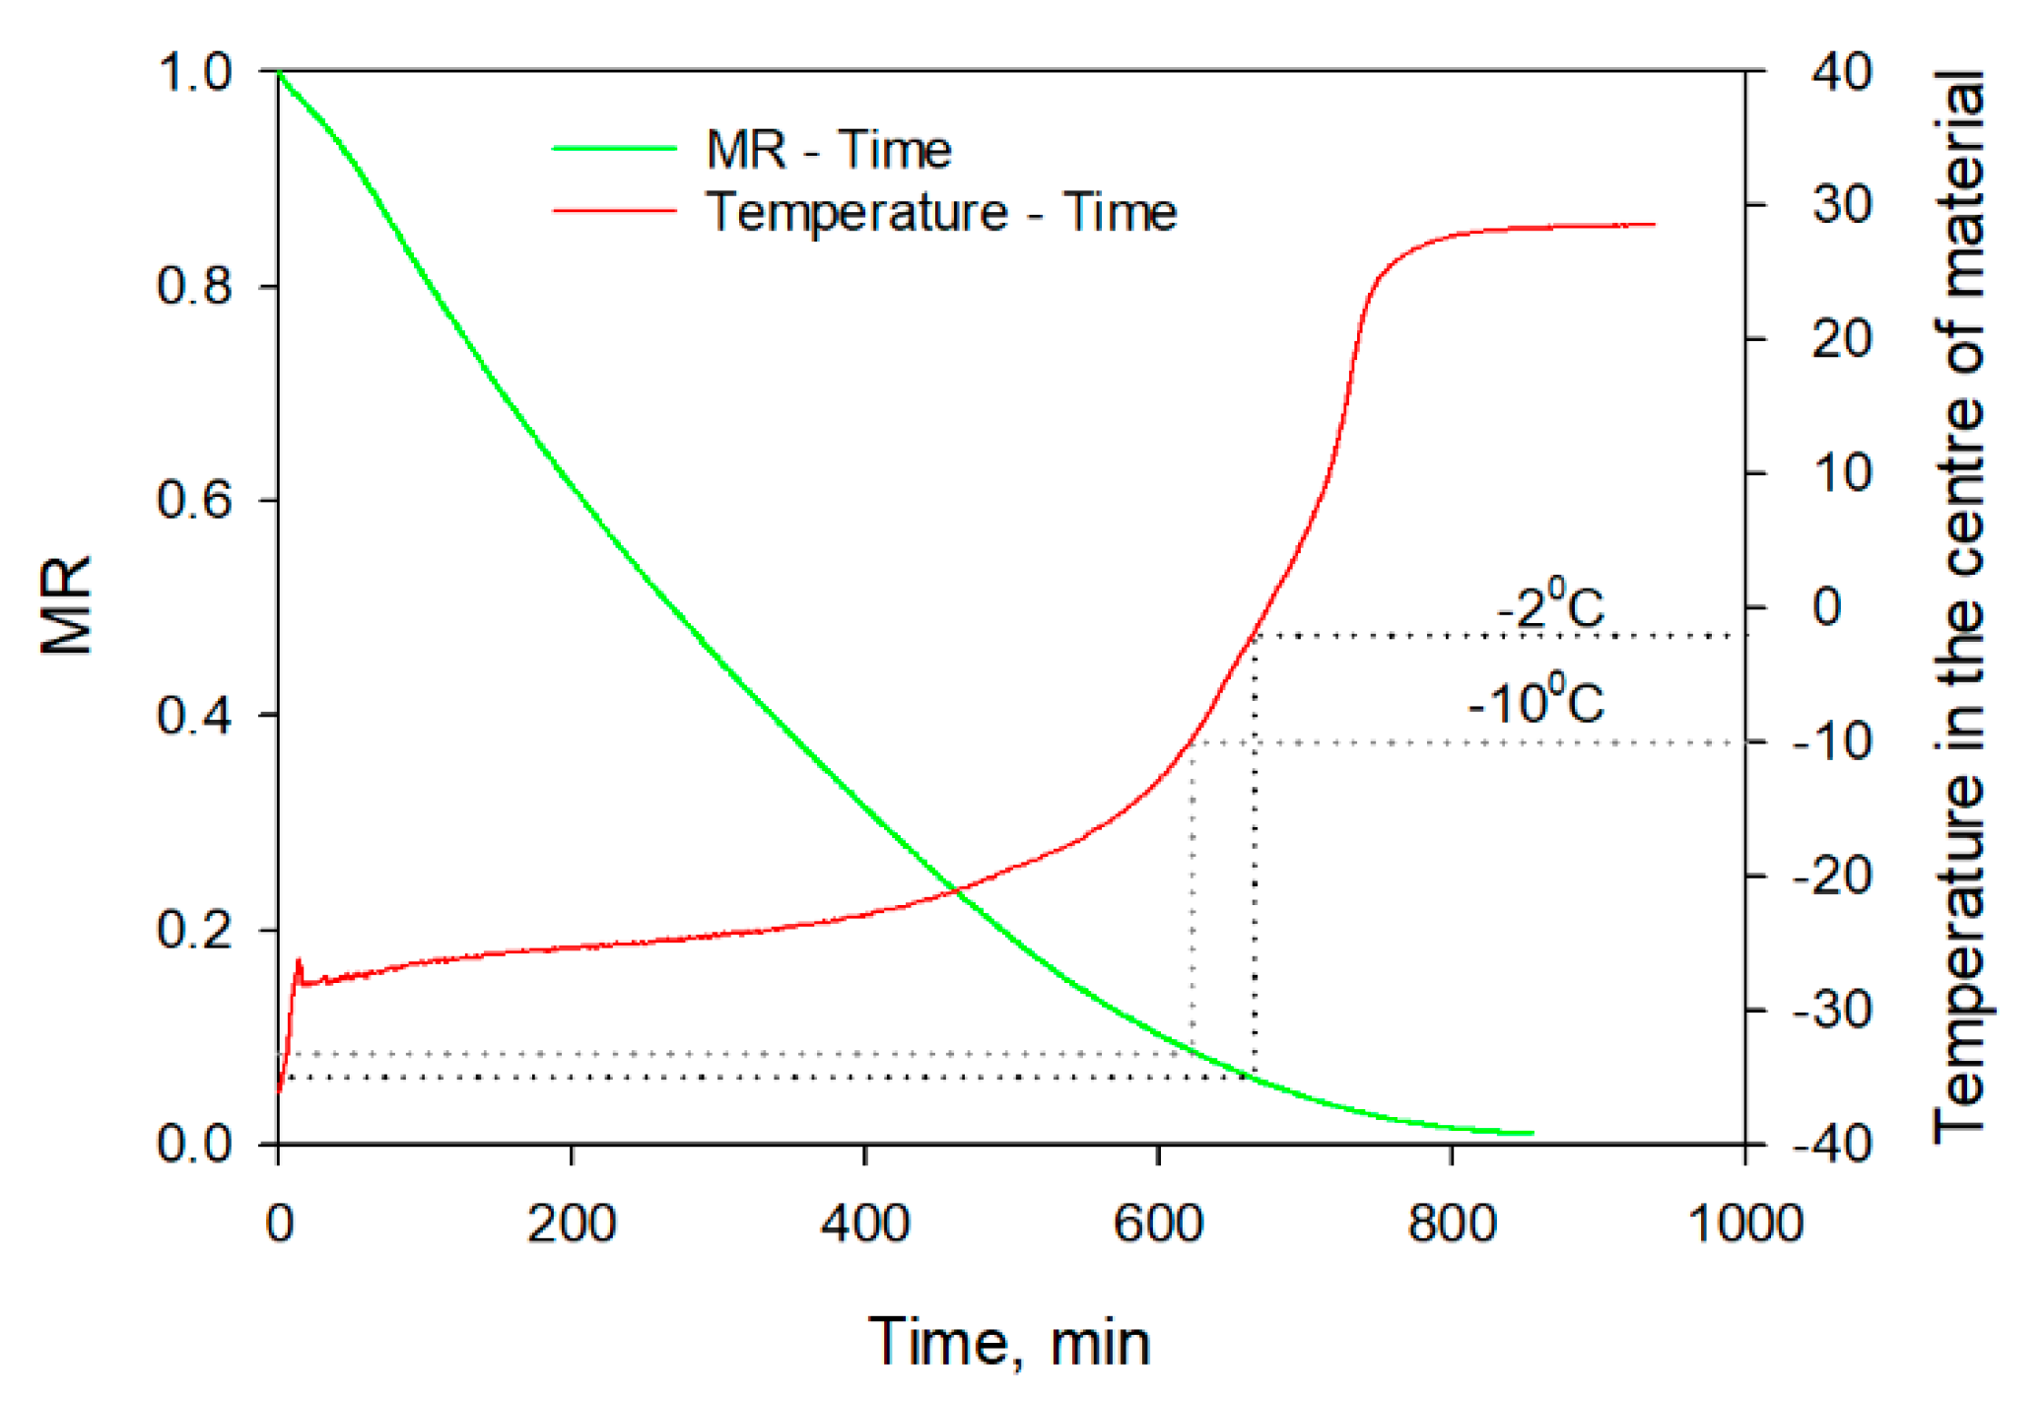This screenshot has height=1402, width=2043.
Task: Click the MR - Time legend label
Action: coord(828,150)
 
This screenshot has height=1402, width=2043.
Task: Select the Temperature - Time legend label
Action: coord(941,212)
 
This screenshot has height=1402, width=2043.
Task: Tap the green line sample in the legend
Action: coord(614,148)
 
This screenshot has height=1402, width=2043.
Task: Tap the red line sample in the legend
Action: coord(614,210)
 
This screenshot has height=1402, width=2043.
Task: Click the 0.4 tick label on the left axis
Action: coord(194,715)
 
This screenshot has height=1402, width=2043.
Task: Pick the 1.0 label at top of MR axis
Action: coord(194,72)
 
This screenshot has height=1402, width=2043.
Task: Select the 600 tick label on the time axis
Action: coord(1157,1224)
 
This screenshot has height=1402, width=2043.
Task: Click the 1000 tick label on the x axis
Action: coord(1744,1224)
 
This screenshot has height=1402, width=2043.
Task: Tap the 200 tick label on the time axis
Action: coord(571,1224)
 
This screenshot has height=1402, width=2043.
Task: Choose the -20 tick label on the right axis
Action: coord(1831,876)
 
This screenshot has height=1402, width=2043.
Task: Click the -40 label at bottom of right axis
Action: coord(1831,1144)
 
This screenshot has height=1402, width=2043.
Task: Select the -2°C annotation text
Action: coord(1550,605)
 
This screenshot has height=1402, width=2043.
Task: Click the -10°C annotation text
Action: coord(1535,702)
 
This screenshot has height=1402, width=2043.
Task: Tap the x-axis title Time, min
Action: coord(1009,1343)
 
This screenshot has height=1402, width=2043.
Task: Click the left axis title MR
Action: coord(66,604)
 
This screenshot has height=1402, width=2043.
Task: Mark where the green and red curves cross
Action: coord(954,891)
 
